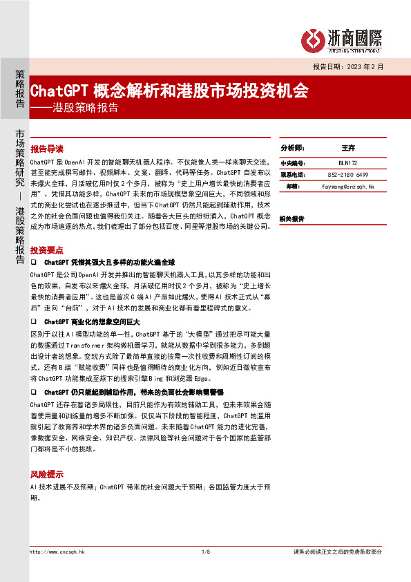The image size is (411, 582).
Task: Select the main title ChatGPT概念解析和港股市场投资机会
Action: [169, 91]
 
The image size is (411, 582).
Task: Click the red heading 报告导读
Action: [46, 149]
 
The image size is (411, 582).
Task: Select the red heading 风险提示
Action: [46, 476]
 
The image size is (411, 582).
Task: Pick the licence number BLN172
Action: [347, 162]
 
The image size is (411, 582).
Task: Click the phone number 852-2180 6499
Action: [347, 174]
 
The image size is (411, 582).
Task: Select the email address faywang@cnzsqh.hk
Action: [347, 187]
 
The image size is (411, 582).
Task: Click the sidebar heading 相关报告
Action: [292, 218]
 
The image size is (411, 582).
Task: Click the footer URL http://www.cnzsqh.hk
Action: [57, 552]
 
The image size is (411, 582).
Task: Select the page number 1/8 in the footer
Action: [205, 552]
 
